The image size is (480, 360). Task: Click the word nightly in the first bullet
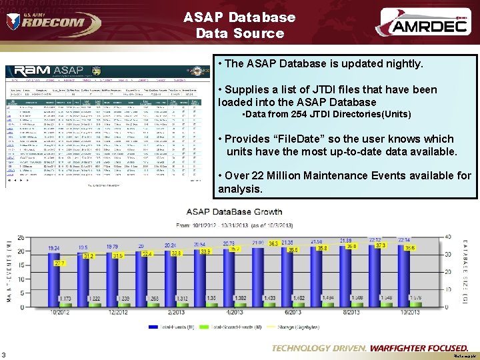coord(403,64)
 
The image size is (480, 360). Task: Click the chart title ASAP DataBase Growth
coord(234,212)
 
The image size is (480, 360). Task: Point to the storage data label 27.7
coord(59,264)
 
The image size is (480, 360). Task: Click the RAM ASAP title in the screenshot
coord(51,71)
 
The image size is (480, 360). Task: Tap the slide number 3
coord(5,354)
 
